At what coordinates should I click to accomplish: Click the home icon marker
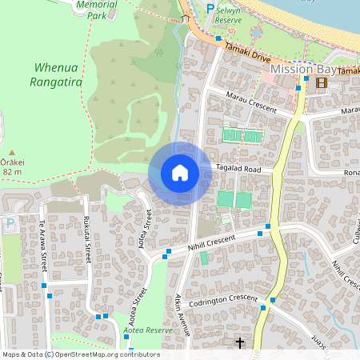[x=180, y=172]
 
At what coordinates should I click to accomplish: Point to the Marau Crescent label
[x=252, y=105]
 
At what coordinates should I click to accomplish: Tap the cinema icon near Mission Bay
[x=322, y=82]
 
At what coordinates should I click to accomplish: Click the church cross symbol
[x=239, y=343]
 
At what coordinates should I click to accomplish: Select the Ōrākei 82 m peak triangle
[x=12, y=152]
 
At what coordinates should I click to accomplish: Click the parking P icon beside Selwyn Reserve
[x=210, y=8]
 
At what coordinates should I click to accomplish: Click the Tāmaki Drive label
[x=248, y=54]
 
